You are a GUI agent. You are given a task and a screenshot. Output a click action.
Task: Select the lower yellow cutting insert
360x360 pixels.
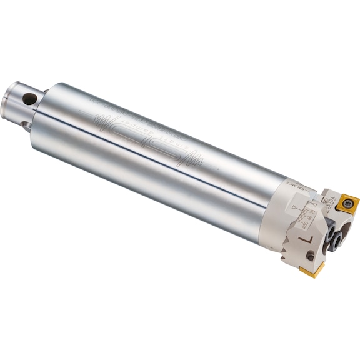tap(312, 269)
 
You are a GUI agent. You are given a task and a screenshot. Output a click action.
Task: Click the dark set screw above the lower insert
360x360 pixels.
tap(337, 237)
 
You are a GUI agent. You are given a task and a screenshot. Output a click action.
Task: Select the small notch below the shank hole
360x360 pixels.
tap(26, 125)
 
